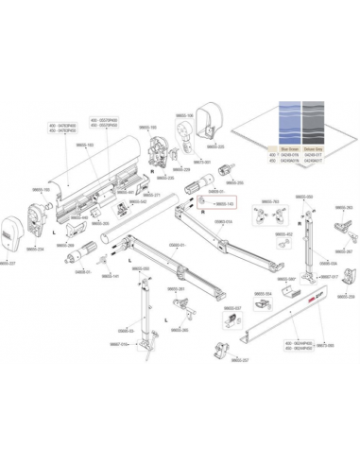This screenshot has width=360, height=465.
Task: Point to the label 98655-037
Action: pos(231,308)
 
